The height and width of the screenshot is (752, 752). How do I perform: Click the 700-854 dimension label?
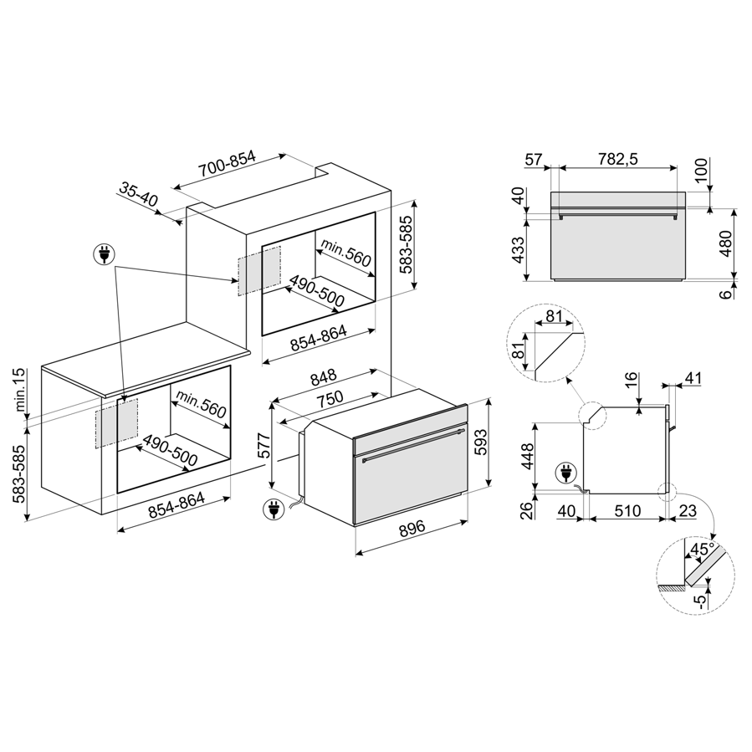tap(228, 164)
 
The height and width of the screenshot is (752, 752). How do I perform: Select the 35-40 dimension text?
tap(138, 194)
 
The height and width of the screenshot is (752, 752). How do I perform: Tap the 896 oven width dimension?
tap(412, 528)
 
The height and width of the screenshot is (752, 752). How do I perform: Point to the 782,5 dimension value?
tap(617, 159)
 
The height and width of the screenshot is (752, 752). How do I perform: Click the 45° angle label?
tap(702, 549)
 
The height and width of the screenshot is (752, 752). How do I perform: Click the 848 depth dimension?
tap(323, 378)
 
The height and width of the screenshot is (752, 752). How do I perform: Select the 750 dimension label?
tap(329, 398)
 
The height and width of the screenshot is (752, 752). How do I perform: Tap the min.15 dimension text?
tap(20, 390)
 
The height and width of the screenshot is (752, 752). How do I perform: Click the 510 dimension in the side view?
tap(627, 511)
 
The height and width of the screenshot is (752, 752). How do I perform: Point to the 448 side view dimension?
tap(527, 457)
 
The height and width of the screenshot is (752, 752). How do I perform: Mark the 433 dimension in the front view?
tap(519, 250)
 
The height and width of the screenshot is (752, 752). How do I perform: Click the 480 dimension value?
tap(727, 243)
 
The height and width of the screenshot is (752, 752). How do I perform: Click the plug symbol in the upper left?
tap(104, 253)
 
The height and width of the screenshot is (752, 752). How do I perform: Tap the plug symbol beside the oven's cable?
tap(274, 509)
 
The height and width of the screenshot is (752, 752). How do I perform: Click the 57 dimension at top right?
tap(533, 159)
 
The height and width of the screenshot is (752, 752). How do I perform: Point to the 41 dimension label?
tap(693, 378)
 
